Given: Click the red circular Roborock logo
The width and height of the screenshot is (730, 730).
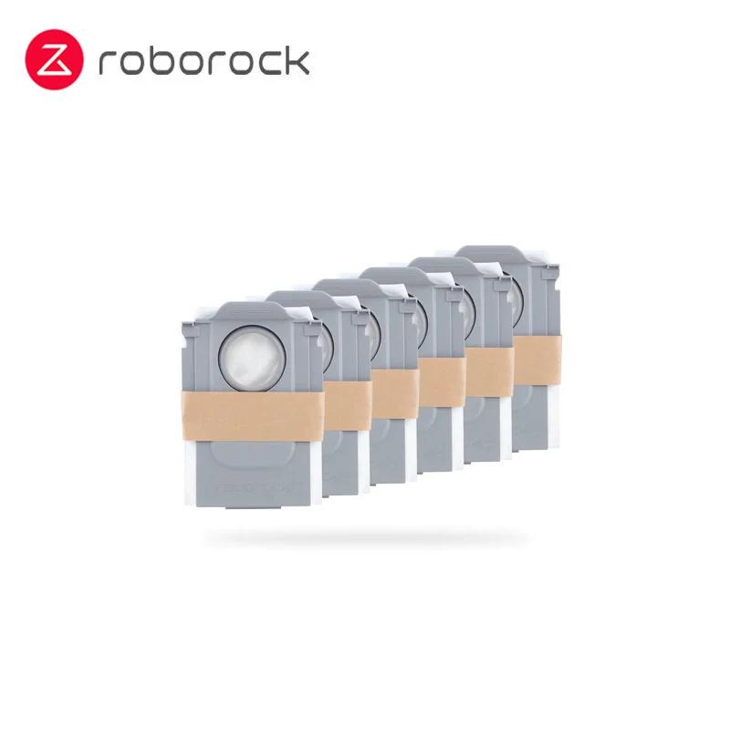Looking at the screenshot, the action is click(55, 58).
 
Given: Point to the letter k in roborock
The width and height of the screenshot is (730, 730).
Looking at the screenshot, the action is click(298, 59).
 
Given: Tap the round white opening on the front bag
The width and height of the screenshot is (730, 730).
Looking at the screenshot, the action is click(252, 358).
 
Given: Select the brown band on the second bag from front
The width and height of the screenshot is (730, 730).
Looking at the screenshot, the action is click(348, 405).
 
